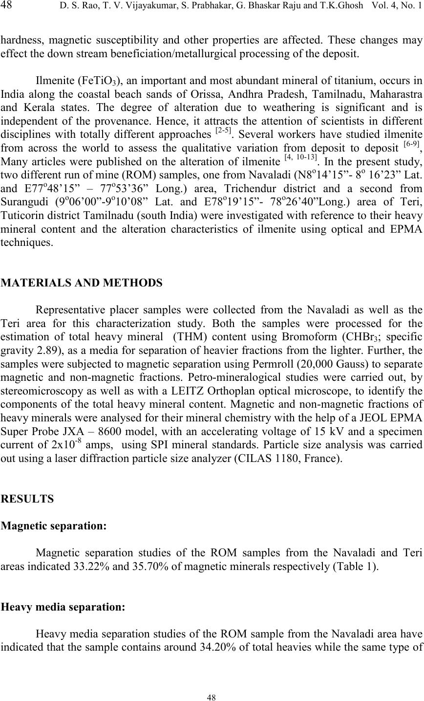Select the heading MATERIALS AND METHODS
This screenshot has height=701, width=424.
point(83,282)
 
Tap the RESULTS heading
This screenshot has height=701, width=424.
point(28,499)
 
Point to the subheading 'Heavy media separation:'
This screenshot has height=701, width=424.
point(64,608)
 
